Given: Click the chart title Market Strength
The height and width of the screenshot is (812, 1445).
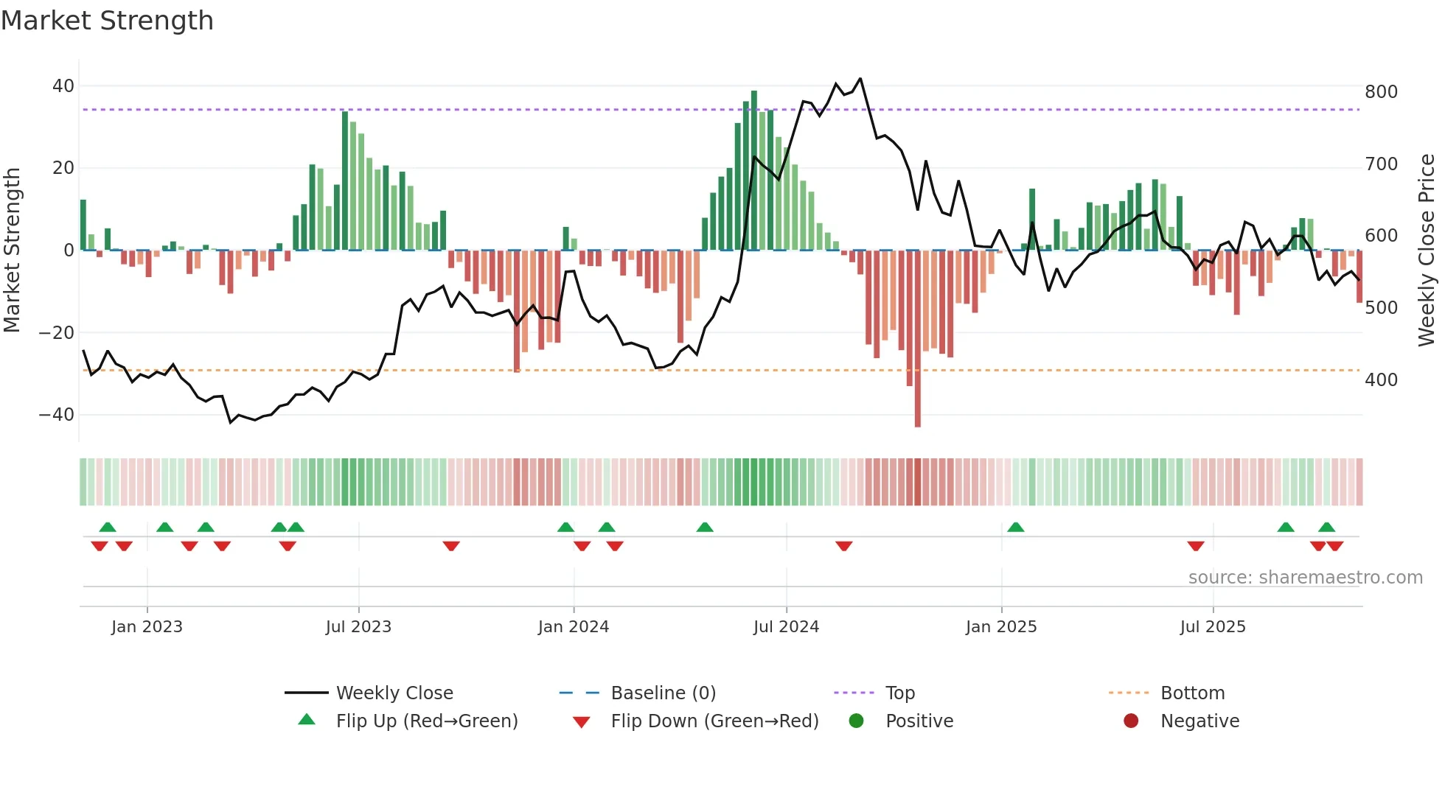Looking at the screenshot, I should tap(107, 21).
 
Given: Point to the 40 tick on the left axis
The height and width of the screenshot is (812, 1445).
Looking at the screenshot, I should tap(63, 86).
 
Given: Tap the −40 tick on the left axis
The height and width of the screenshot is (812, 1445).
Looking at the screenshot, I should tap(57, 415).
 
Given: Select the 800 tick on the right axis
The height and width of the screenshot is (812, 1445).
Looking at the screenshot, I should tap(1381, 92).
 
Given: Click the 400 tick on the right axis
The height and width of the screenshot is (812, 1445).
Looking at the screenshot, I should tap(1381, 380).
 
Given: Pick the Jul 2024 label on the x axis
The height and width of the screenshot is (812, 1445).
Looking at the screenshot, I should tap(786, 627).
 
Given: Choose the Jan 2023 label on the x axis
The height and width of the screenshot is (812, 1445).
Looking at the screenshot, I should tap(147, 627).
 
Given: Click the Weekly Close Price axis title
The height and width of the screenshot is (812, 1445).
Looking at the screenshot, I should tap(1427, 251).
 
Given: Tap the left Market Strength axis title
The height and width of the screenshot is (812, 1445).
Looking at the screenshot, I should tap(12, 251).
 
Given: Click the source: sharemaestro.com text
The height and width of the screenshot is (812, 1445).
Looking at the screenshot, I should tap(1305, 578).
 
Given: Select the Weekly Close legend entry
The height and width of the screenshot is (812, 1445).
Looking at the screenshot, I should tap(394, 693).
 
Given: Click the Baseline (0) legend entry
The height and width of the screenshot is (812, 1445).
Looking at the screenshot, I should tap(663, 693).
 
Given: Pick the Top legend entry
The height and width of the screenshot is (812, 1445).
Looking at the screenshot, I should tap(899, 693).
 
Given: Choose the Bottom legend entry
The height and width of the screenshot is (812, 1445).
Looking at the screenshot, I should tap(1192, 693).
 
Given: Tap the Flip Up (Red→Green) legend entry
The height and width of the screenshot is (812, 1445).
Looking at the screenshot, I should tap(426, 721).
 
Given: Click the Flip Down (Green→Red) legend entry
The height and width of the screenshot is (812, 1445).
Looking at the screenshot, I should tap(714, 721).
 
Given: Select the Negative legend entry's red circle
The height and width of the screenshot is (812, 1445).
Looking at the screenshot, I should tap(1131, 721).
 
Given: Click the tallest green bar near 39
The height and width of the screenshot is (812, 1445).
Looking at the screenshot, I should tap(754, 169).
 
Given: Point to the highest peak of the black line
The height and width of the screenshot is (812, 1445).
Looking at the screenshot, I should tap(860, 78).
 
